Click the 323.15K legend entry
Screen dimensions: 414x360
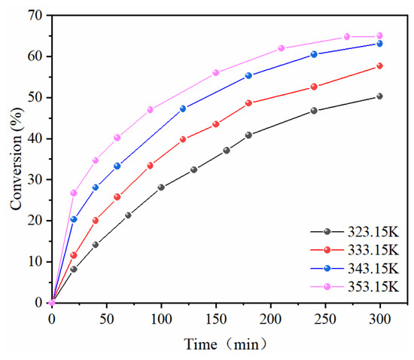373,232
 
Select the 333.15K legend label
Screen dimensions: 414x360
373,250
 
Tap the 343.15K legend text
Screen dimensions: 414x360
373,268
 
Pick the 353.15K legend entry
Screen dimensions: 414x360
373,287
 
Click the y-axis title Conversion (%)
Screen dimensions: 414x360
17,159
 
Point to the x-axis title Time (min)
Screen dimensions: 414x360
225,344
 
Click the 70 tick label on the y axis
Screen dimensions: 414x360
35,16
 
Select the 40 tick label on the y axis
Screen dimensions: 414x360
35,139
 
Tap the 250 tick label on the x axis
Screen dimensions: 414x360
325,319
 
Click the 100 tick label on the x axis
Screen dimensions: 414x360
161,319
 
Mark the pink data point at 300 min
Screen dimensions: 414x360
379,35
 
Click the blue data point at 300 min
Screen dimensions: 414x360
379,44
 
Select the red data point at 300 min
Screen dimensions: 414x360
379,66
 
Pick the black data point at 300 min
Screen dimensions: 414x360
379,96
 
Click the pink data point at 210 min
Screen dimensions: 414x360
282,48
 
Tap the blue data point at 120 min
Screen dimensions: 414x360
183,108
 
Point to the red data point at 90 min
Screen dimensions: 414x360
150,166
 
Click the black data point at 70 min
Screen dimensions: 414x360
128,215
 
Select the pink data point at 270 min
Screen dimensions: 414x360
347,36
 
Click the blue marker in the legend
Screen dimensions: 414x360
327,268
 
